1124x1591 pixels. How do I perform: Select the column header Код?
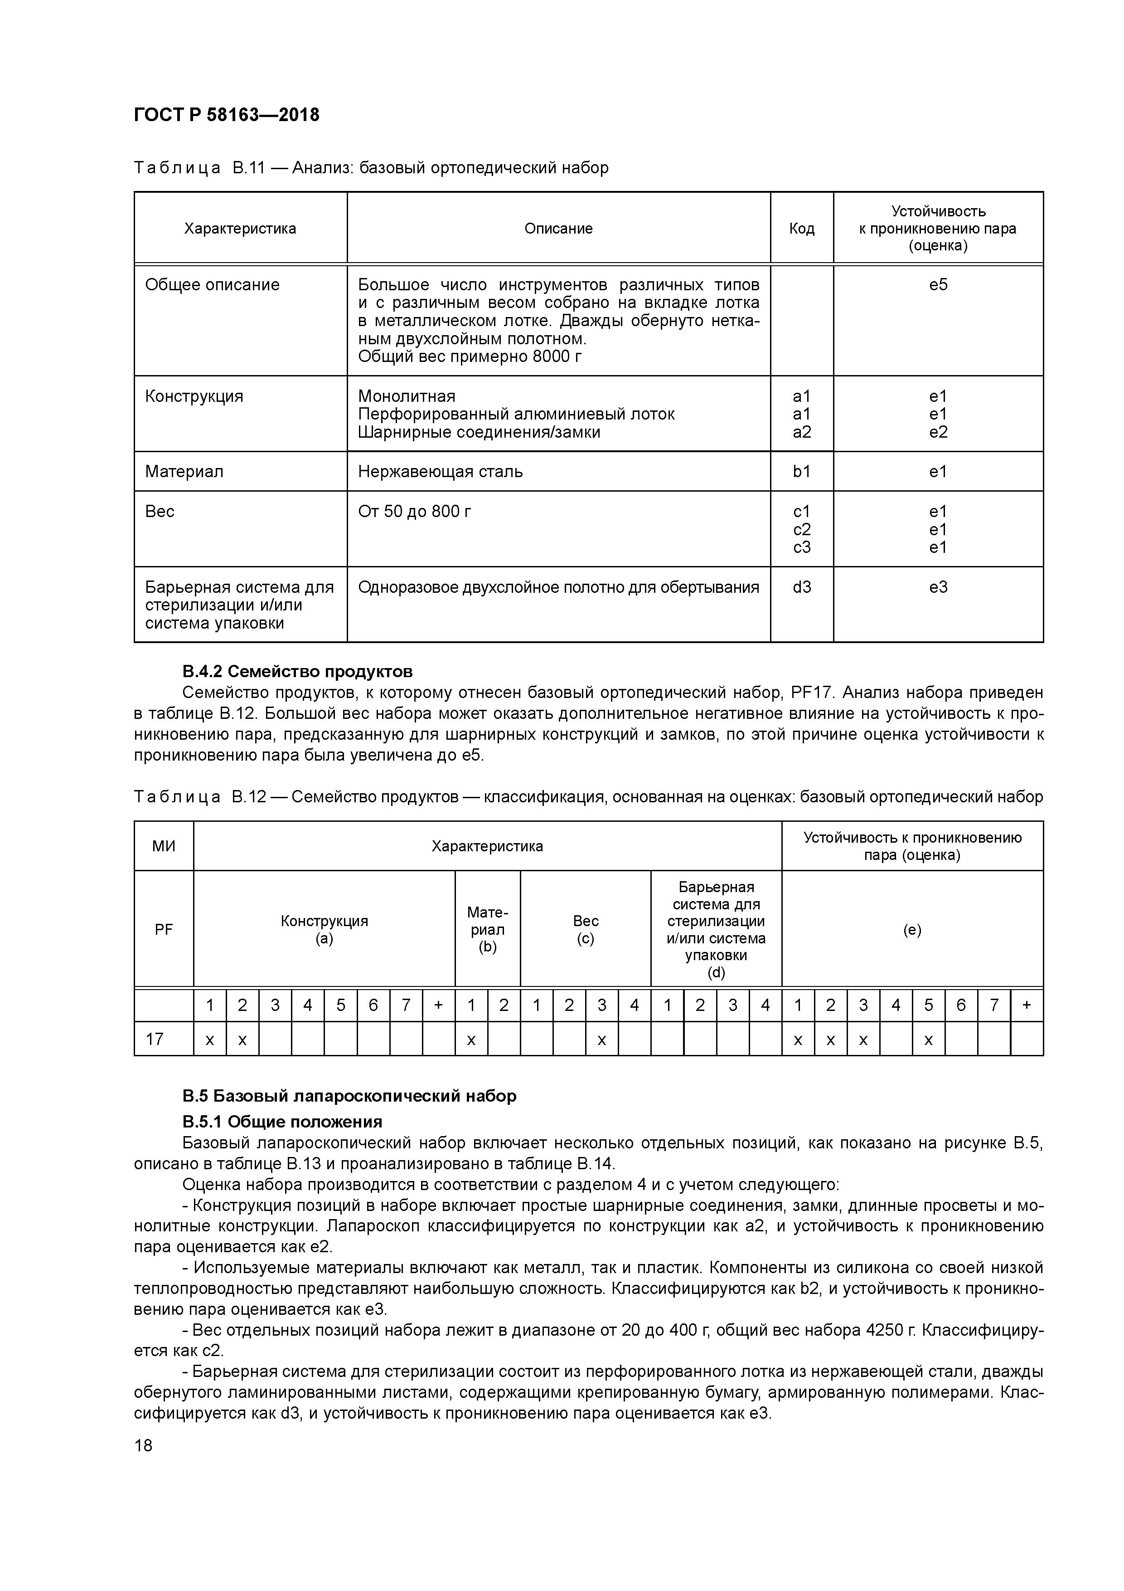tap(801, 229)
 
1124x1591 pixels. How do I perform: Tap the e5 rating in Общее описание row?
tap(938, 285)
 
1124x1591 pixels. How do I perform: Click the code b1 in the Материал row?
tap(801, 472)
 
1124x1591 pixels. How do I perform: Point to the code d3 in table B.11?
tap(801, 588)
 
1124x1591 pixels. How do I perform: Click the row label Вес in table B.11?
tap(160, 512)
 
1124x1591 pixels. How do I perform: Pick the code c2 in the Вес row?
tap(801, 529)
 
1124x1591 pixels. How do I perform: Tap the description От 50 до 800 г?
tap(414, 512)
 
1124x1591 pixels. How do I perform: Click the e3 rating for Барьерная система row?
tap(938, 588)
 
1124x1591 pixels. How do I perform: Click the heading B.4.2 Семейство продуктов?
tap(297, 672)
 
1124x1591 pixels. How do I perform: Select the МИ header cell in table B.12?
tap(164, 846)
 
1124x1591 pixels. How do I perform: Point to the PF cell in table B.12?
tap(164, 930)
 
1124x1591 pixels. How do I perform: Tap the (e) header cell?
tap(911, 930)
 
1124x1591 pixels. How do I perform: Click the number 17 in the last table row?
tap(155, 1039)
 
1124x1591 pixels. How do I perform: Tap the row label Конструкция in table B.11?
tap(194, 396)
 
